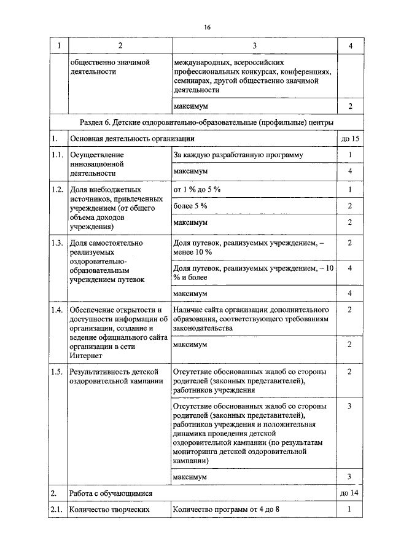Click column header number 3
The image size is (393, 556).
254,45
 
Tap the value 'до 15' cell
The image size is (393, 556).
349,139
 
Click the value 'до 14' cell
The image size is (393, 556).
349,493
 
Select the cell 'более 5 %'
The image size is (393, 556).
190,205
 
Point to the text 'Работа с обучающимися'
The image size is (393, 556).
111,493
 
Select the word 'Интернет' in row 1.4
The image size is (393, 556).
87,356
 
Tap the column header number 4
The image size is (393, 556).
349,45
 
